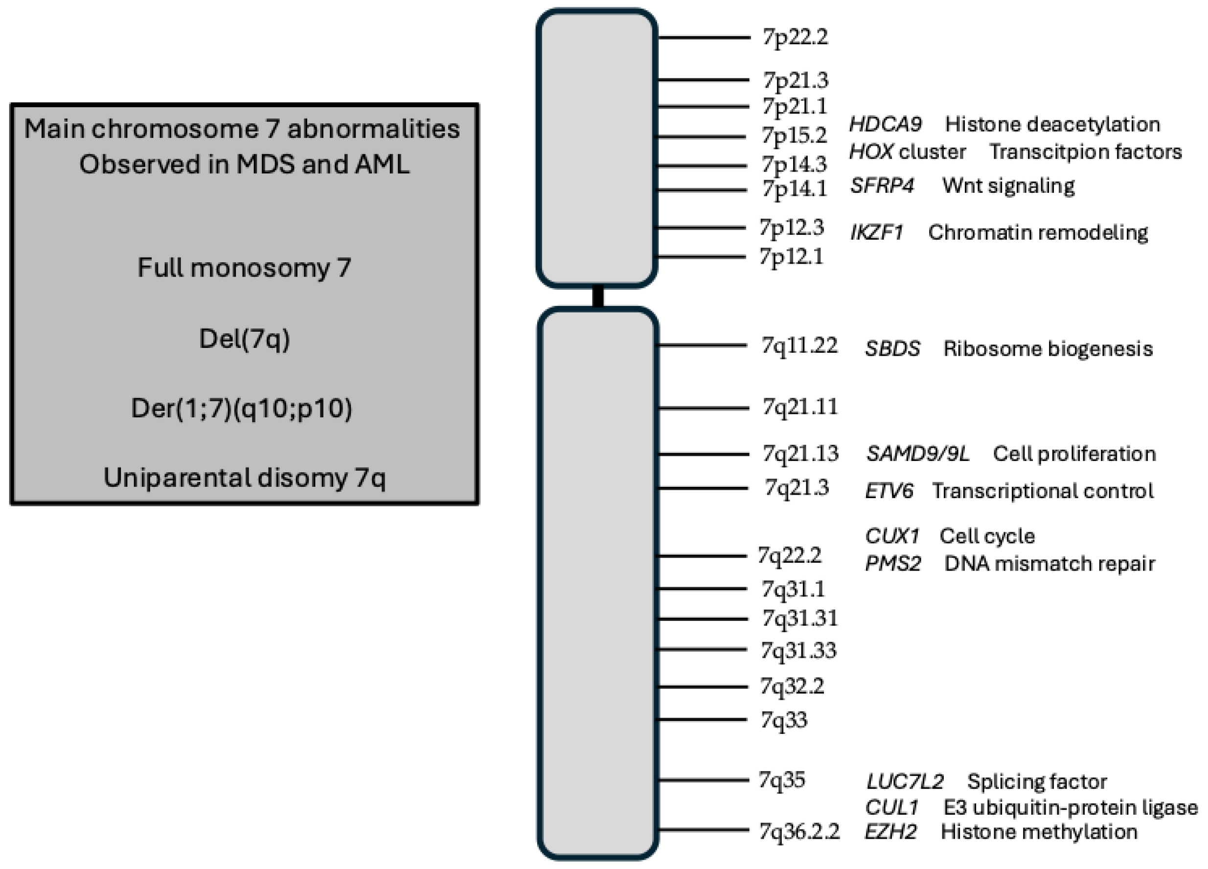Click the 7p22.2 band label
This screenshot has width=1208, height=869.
click(795, 37)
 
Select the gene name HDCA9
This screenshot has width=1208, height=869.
click(885, 124)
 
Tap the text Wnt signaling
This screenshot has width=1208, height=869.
click(1008, 185)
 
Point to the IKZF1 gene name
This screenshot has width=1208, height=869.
click(876, 232)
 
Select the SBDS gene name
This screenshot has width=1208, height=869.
click(892, 348)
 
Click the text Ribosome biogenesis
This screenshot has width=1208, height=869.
click(1048, 348)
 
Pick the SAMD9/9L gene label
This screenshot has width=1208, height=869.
click(917, 454)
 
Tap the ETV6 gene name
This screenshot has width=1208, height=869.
click(889, 490)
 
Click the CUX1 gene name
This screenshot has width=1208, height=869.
click(891, 535)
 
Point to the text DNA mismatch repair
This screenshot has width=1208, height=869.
click(1049, 563)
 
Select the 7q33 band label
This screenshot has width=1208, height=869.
click(783, 720)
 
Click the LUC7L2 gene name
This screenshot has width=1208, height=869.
click(904, 781)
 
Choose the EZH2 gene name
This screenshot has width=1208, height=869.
click(890, 831)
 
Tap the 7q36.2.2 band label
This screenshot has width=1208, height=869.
click(799, 831)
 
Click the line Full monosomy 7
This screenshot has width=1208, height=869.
click(244, 268)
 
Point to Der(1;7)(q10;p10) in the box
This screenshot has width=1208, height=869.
click(241, 408)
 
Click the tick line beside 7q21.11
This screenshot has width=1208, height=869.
click(703, 408)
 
